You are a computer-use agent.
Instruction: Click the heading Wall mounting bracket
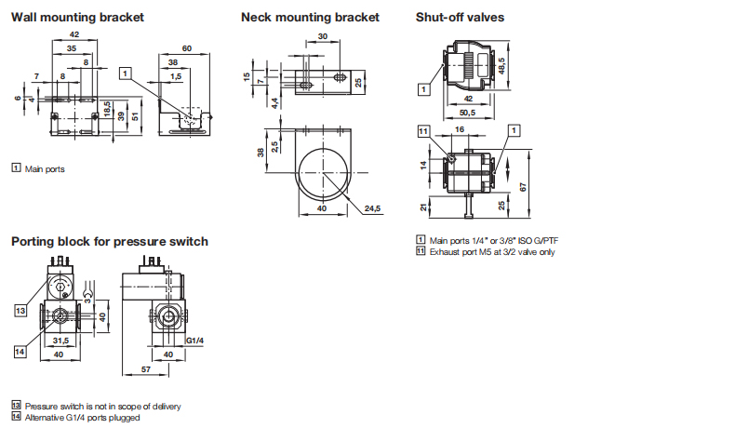(77, 18)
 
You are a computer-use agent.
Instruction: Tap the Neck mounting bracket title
(310, 18)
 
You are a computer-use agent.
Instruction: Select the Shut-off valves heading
(460, 18)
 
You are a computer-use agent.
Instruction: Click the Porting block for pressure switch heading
(110, 241)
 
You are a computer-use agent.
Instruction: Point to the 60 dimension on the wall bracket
(187, 48)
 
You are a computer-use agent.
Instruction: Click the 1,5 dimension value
(176, 76)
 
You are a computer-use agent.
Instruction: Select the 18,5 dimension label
(107, 109)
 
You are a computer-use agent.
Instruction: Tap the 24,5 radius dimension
(373, 208)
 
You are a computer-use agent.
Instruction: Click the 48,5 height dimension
(501, 66)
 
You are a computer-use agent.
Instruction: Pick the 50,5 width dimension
(467, 113)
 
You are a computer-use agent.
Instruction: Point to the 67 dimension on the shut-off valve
(523, 187)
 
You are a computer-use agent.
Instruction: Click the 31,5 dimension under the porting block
(60, 341)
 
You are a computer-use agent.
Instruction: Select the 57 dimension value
(146, 369)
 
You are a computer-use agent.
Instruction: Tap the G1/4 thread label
(195, 341)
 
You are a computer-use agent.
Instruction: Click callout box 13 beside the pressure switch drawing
(20, 311)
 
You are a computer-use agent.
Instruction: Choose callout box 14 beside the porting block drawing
(20, 352)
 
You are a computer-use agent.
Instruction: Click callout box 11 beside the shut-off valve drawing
(423, 131)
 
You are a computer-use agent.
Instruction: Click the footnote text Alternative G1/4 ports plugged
(83, 418)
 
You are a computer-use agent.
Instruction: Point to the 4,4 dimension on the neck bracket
(275, 102)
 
